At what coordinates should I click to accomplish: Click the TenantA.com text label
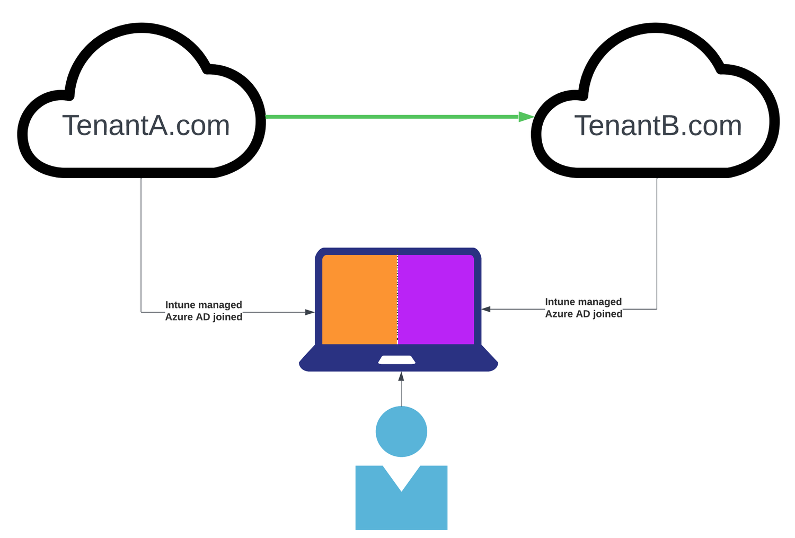(146, 126)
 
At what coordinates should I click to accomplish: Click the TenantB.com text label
(658, 126)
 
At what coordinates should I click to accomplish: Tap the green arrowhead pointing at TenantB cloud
(526, 117)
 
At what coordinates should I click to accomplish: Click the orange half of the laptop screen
(359, 299)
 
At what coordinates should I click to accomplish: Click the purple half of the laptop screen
(436, 299)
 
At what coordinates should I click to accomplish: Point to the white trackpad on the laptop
(396, 360)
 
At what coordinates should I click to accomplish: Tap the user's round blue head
(401, 431)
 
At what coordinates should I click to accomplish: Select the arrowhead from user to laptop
(401, 376)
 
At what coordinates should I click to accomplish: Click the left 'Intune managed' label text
(204, 305)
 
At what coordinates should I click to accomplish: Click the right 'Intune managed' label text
(583, 302)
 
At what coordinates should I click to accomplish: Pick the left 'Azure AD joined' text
(204, 317)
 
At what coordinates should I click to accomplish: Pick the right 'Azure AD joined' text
(584, 314)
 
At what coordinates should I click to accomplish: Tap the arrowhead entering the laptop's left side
(310, 312)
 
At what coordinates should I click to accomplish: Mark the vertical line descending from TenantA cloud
(141, 244)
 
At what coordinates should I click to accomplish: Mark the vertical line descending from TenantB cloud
(657, 244)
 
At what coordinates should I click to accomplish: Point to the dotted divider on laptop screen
(397, 299)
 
